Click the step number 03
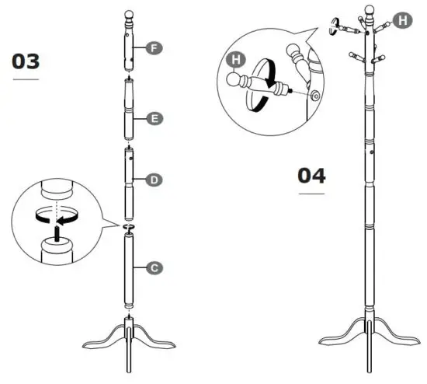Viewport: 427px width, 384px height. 26,61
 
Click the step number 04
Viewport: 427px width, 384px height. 311,175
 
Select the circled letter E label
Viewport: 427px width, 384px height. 154,119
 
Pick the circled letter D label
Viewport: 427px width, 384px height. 154,180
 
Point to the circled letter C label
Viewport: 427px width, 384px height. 154,267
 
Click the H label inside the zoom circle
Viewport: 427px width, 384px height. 235,59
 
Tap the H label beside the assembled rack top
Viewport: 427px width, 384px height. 401,21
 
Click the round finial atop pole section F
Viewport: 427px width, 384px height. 130,15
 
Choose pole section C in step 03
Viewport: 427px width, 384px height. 130,269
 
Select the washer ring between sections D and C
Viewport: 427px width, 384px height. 130,227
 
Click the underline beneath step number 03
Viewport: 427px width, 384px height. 26,79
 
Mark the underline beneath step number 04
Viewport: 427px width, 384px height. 311,193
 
